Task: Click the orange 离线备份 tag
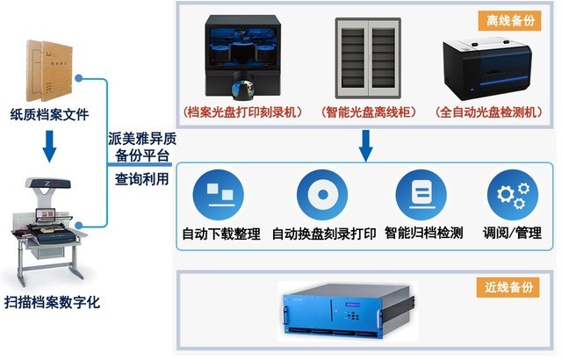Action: click(x=509, y=20)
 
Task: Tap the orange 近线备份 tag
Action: click(x=508, y=287)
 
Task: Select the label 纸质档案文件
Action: click(x=49, y=115)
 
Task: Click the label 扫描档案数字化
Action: click(x=52, y=302)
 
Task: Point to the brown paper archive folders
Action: click(x=49, y=70)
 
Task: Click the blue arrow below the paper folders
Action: click(x=49, y=147)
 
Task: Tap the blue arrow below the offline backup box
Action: click(x=365, y=146)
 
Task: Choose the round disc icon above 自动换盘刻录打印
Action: click(x=322, y=195)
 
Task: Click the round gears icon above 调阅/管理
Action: click(x=513, y=195)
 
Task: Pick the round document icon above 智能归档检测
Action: click(x=421, y=195)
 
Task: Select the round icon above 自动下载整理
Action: click(x=219, y=195)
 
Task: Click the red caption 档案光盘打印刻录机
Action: click(x=242, y=112)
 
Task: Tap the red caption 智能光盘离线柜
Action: click(x=369, y=112)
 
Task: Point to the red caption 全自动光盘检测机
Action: click(x=489, y=112)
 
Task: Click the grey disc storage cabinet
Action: click(x=368, y=58)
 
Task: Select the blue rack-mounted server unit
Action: click(x=348, y=310)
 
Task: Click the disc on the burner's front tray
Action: click(x=242, y=88)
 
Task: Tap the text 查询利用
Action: click(x=142, y=179)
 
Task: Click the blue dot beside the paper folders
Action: click(x=79, y=78)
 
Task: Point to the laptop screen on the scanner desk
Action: click(x=46, y=214)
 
